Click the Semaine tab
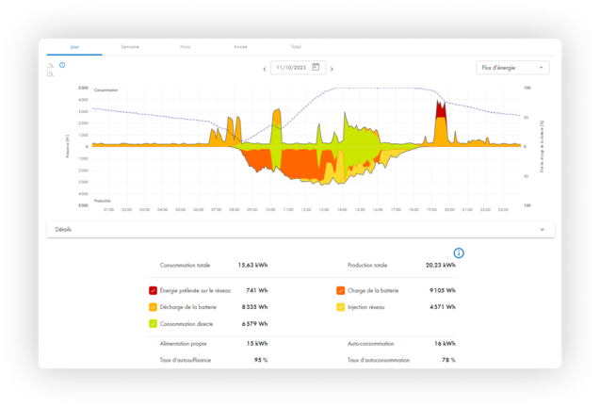(118, 45)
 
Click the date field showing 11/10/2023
(291, 68)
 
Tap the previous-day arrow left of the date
(264, 69)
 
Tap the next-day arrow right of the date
(332, 69)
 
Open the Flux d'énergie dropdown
(513, 68)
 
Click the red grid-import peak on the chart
(440, 109)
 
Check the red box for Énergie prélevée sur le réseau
(154, 291)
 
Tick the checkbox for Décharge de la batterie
(154, 307)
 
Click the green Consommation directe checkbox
(154, 323)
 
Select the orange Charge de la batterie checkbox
(340, 291)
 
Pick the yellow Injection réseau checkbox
(340, 307)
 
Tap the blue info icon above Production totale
(459, 252)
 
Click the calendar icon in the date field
(316, 68)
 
